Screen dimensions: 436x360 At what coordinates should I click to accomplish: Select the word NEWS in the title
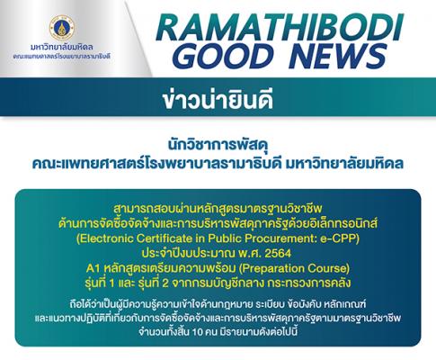338,56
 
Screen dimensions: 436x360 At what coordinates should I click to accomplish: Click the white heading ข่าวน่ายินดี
218,98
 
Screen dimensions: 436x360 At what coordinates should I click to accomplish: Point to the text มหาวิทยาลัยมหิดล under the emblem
62,47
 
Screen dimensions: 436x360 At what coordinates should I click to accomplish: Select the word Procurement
274,238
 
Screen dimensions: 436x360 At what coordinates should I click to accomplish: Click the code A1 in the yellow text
93,268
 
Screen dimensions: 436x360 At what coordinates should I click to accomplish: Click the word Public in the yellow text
221,238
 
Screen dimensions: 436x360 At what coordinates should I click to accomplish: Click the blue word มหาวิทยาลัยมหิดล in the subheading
344,164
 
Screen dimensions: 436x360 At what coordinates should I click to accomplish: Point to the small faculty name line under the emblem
62,56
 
